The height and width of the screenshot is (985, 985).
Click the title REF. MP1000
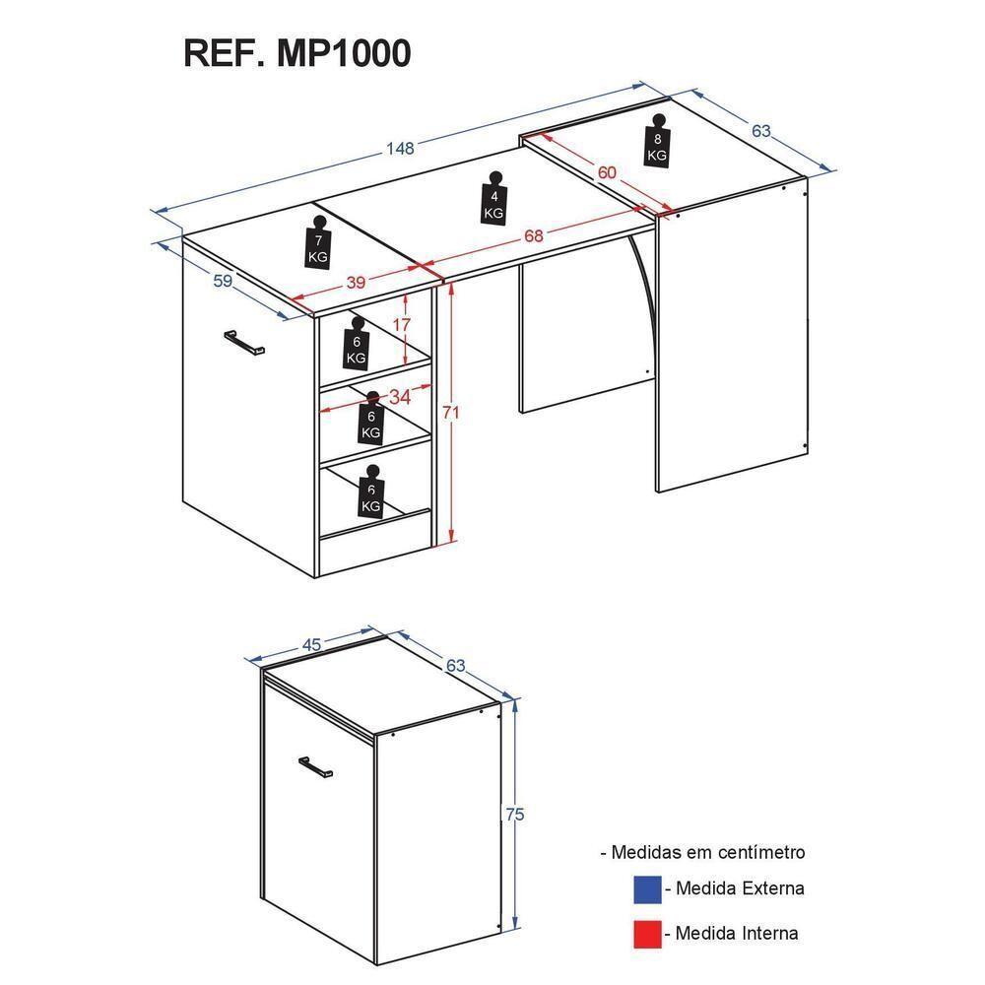[297, 53]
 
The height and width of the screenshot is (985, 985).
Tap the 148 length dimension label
[400, 149]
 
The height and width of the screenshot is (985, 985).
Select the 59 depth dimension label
[223, 281]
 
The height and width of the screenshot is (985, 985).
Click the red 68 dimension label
[533, 236]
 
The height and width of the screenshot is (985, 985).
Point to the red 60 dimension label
[607, 171]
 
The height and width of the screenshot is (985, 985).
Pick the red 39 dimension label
[356, 282]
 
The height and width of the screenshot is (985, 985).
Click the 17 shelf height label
[402, 325]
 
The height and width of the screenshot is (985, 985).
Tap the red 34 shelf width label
[400, 397]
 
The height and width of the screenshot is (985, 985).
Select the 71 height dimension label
[450, 412]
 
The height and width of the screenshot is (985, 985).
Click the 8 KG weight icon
[657, 141]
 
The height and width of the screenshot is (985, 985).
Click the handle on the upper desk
[244, 343]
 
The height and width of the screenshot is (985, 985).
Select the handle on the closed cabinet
[316, 767]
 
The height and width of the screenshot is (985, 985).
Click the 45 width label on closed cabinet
[311, 644]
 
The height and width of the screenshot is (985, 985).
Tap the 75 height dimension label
[514, 815]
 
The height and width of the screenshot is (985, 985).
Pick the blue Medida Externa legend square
[647, 889]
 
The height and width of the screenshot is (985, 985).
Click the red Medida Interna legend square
[647, 934]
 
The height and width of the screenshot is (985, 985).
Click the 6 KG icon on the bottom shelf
[371, 492]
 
